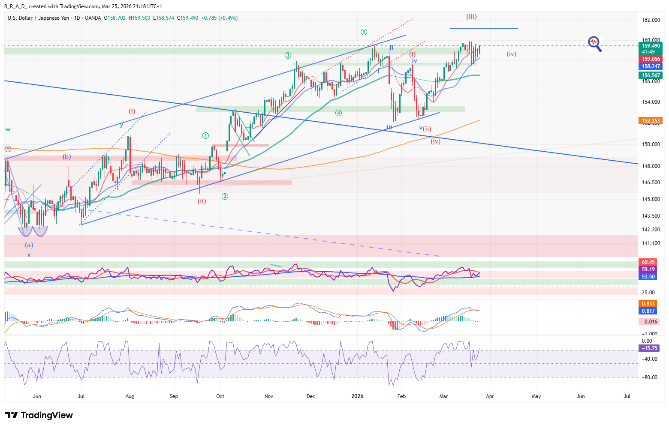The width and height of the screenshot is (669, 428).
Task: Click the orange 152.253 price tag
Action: click(x=651, y=121)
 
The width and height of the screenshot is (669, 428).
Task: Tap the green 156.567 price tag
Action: click(x=651, y=75)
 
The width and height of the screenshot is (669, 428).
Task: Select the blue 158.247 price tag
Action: click(x=651, y=66)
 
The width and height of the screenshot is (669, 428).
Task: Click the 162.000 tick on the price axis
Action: click(x=651, y=20)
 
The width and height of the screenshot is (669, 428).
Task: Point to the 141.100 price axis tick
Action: click(x=651, y=243)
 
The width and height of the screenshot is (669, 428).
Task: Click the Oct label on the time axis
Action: click(x=220, y=396)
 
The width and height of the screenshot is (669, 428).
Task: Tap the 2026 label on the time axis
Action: click(x=357, y=396)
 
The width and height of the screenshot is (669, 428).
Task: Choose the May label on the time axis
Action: click(x=536, y=396)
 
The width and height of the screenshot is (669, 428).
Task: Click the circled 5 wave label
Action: click(x=364, y=32)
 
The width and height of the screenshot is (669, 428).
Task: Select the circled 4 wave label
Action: click(x=338, y=113)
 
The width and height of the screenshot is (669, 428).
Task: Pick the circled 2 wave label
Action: click(x=225, y=196)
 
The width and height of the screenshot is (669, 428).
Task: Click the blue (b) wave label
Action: click(x=67, y=157)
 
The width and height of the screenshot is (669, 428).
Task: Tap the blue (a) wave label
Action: click(x=29, y=245)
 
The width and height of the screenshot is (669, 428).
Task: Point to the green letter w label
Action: click(x=8, y=129)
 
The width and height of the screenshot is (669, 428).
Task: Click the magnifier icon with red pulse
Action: click(x=594, y=43)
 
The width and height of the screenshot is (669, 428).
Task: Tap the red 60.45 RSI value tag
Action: click(x=648, y=262)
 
